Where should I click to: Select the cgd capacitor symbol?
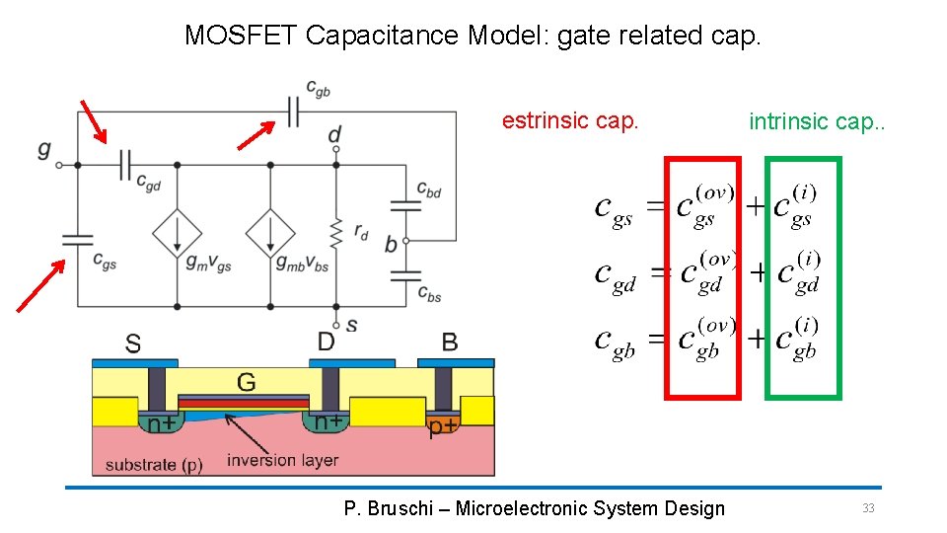(x=125, y=165)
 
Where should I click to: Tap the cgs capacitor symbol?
(x=77, y=239)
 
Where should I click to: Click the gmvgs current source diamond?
(x=177, y=234)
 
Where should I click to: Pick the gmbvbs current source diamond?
(x=270, y=234)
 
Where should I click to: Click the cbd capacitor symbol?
(x=405, y=205)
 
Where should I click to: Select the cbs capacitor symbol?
(x=405, y=276)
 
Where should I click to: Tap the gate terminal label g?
(x=43, y=150)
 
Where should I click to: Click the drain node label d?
(x=335, y=133)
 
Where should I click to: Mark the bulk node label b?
(x=391, y=244)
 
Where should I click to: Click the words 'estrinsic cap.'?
(x=570, y=121)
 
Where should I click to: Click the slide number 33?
(x=868, y=508)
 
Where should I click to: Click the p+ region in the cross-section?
(x=442, y=426)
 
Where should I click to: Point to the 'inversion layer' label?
(x=282, y=461)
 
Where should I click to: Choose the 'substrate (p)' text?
(x=154, y=464)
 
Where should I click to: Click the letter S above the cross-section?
(x=132, y=343)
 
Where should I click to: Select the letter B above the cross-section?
(x=449, y=343)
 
